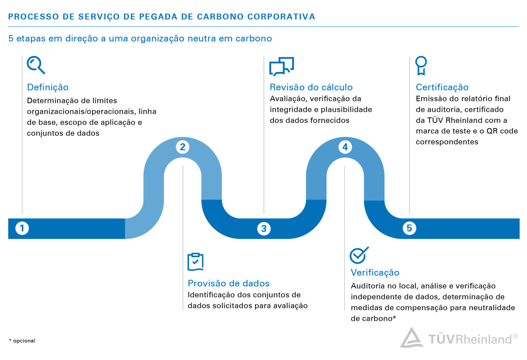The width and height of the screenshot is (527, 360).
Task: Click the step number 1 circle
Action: click(22, 228)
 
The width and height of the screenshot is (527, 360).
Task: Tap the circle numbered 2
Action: click(182, 148)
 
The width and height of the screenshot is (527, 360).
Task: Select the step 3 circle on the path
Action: click(263, 228)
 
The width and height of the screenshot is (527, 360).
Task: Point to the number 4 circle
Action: click(345, 148)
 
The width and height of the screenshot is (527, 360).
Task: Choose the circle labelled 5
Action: click(409, 228)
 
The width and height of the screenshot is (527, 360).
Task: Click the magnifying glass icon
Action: click(36, 65)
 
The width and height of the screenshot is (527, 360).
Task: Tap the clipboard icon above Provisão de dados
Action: click(196, 262)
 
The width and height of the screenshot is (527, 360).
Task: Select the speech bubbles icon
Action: click(281, 66)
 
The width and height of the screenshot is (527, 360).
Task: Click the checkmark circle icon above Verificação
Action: click(359, 255)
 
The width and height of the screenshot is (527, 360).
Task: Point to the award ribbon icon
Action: click(421, 65)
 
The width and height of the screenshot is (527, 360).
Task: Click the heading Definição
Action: click(48, 87)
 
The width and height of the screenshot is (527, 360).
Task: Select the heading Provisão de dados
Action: click(229, 283)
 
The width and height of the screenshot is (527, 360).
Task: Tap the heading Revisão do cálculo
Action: click(311, 87)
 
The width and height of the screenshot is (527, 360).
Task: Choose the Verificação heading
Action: click(375, 273)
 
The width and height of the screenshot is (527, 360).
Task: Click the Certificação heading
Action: click(442, 87)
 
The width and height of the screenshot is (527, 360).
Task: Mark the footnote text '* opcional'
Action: click(22, 340)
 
